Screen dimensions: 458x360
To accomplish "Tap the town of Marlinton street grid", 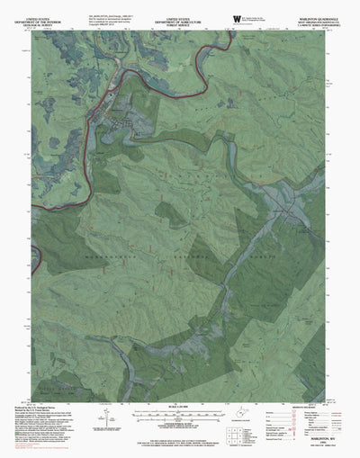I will click(x=121, y=116).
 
